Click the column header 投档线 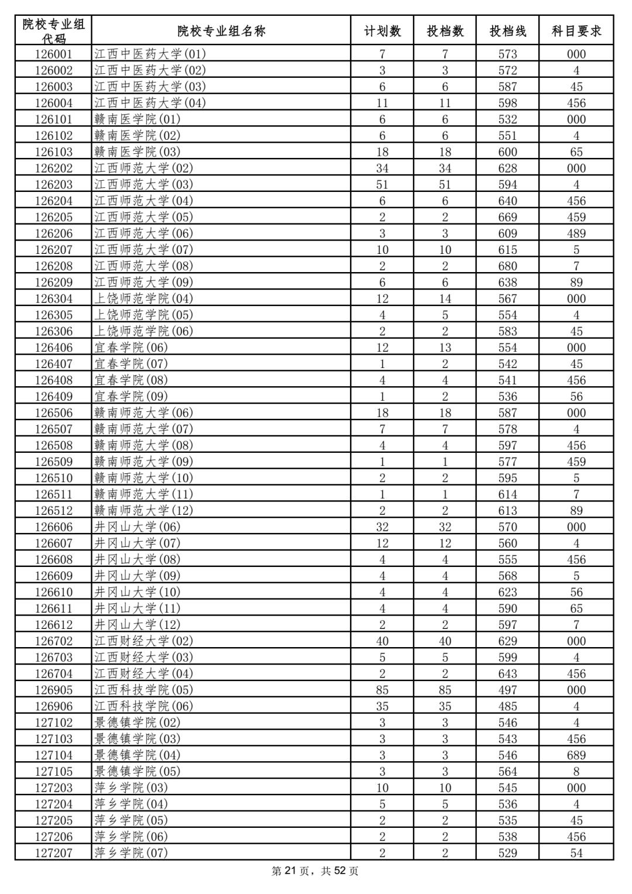point(507,31)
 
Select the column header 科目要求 point(576,31)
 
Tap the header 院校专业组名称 point(221,31)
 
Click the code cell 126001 point(53,54)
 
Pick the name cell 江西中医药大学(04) point(150,103)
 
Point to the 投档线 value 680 point(507,266)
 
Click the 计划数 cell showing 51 point(382,185)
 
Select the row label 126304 point(53,299)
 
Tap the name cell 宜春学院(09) point(131,397)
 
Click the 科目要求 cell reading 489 point(576,233)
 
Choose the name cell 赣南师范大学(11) point(144,494)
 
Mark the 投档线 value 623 point(507,592)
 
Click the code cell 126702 point(53,641)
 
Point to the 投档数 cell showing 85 point(445,690)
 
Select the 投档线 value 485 point(507,706)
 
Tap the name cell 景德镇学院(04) point(138,755)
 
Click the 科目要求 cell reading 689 point(576,755)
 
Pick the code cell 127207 point(53,853)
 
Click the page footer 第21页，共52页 point(315,871)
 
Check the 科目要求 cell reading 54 point(576,853)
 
